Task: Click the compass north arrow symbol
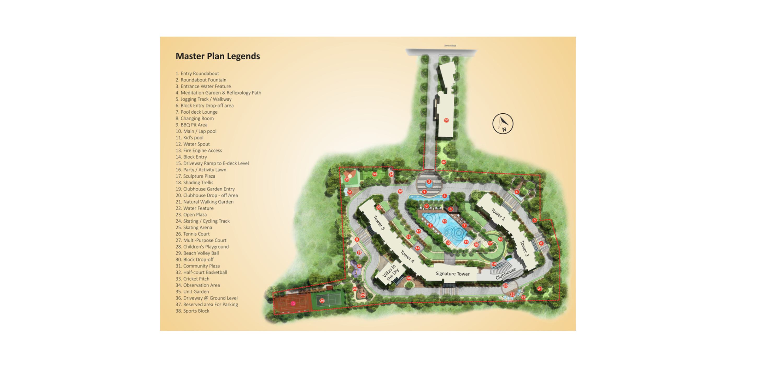coord(503,124)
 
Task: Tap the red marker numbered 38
coord(446,120)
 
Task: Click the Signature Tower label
coord(452,274)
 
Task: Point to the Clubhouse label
coord(505,273)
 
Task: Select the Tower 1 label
coord(498,214)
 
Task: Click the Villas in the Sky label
coord(391,272)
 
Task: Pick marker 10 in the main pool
coord(444,221)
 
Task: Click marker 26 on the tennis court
coord(322,301)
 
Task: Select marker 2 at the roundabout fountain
coord(429,182)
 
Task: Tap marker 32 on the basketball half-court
coord(347,179)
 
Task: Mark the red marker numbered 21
coord(540,289)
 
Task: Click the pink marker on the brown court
coord(293,304)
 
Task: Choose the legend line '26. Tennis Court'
coord(192,234)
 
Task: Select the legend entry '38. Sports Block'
coord(192,311)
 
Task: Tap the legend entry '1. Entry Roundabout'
coord(197,73)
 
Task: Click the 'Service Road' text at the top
coord(450,46)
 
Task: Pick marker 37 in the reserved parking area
coord(444,162)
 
